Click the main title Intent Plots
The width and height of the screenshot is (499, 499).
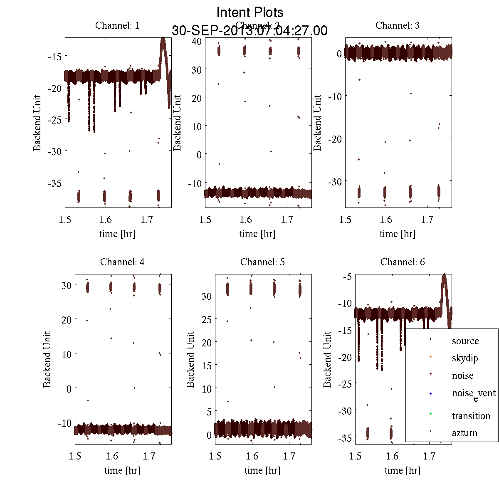pos(250,12)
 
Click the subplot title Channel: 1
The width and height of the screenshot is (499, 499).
pos(117,25)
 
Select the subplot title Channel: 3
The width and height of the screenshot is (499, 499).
pos(397,25)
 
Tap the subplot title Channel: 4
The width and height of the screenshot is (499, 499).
pos(122,262)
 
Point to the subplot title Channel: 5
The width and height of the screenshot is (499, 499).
pos(262,262)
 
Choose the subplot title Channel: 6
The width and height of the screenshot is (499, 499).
pos(403,262)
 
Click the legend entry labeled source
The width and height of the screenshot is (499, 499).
pos(465,341)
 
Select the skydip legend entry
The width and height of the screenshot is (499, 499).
pos(465,358)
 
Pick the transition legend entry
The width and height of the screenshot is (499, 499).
pos(471,416)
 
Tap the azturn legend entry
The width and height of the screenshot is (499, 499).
pos(464,433)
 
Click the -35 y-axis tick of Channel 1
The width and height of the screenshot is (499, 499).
pos(55,183)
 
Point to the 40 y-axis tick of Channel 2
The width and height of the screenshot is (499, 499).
pos(196,41)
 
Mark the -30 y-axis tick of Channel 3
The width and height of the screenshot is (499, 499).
pos(335,182)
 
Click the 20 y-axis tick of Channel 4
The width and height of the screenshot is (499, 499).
pos(66,319)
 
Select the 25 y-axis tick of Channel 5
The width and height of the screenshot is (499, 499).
pos(206,319)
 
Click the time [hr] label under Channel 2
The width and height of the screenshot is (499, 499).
pos(257,234)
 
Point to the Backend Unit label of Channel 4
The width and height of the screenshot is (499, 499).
pos(47,359)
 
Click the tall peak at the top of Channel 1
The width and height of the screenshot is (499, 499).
pos(163,40)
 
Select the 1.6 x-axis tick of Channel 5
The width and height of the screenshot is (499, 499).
pos(252,456)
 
